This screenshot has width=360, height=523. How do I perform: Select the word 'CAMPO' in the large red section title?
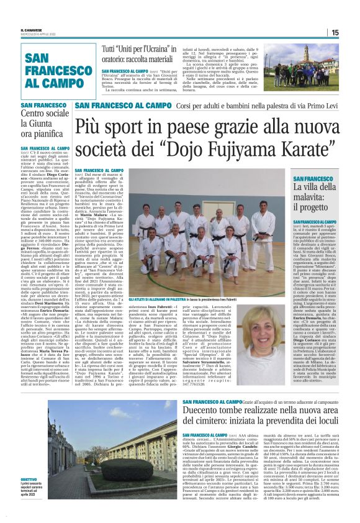point(55,82)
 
